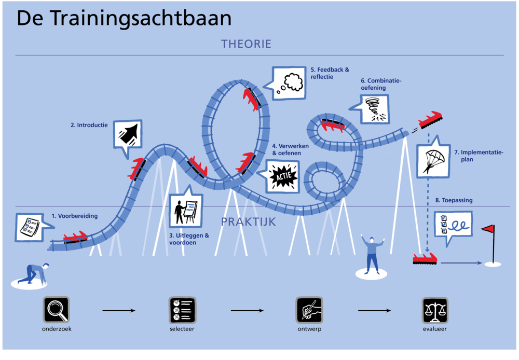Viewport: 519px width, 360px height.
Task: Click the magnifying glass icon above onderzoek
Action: coord(56,310)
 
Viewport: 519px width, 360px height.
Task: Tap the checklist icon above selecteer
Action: coord(182,310)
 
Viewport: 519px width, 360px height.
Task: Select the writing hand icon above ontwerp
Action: coord(309,310)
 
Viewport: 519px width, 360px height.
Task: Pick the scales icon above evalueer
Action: coord(435,310)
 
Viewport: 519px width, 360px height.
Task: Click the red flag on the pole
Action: coord(488,228)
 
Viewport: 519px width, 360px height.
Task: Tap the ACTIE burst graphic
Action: coord(283,177)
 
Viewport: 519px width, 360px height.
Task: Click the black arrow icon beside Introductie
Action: coord(128,134)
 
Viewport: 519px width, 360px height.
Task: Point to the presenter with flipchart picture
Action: coord(186,211)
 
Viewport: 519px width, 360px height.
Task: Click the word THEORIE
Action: coord(246,44)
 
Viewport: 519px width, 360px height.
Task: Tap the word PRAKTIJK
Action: coord(248,221)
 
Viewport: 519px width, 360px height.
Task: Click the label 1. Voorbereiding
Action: coord(74,216)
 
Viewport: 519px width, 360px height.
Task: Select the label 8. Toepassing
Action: coord(454,200)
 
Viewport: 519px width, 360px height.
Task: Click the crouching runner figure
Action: coord(33,273)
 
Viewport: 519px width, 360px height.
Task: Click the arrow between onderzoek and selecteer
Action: coord(119,310)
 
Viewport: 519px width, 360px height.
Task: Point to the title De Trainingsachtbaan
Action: coord(124,18)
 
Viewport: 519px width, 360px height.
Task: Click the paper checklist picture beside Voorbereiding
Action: coord(30,227)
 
